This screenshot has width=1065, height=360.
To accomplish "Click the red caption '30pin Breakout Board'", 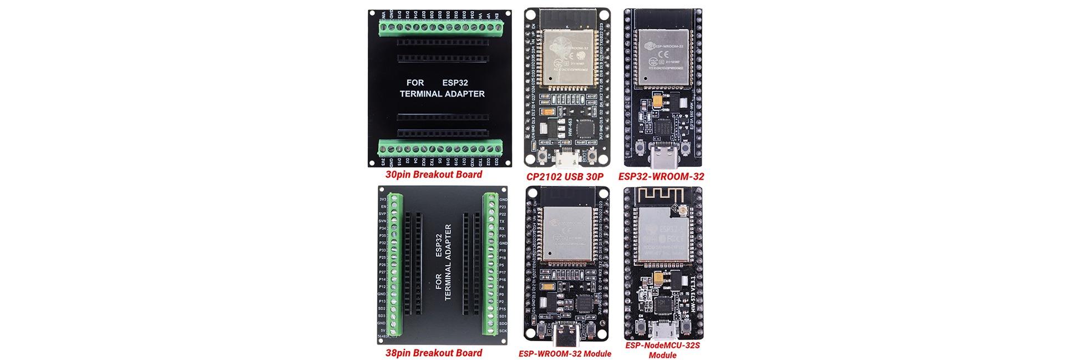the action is click(434, 174).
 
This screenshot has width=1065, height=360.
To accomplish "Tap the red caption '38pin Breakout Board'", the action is click(434, 353).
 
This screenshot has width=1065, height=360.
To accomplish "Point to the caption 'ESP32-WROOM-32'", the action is click(661, 176).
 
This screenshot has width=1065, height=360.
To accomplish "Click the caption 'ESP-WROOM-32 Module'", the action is click(565, 354).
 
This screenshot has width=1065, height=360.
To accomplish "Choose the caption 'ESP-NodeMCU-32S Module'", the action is click(662, 350).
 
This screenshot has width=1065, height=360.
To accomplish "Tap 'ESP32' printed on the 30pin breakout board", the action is click(455, 83).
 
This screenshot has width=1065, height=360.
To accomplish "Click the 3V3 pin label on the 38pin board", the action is click(382, 199).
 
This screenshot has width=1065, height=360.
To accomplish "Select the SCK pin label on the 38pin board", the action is click(503, 331).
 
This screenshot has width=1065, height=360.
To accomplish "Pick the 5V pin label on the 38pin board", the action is click(382, 331).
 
